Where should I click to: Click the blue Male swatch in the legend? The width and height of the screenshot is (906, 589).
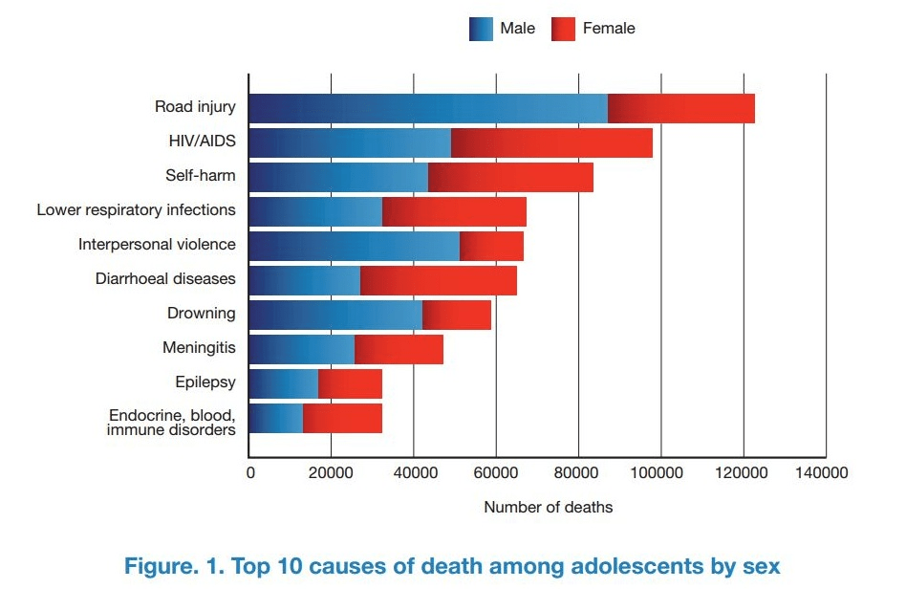coord(481,29)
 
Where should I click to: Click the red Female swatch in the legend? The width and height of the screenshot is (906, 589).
coord(564,29)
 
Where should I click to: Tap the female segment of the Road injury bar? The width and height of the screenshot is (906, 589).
coord(681,108)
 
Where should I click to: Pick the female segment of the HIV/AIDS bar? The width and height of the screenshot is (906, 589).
coord(551,142)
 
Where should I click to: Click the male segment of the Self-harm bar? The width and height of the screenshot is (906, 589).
coord(338,177)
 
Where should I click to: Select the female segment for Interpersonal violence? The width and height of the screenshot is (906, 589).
coord(491,246)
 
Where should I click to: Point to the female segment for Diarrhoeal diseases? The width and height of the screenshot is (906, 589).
coord(439,280)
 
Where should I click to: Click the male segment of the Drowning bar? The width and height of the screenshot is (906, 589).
coord(335,315)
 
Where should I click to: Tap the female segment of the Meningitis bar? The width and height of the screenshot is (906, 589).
coord(399,349)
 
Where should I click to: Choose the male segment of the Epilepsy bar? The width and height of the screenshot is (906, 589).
coord(284,383)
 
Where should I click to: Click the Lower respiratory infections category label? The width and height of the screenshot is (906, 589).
coord(136,209)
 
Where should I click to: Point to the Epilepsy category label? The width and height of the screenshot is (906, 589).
coord(205,382)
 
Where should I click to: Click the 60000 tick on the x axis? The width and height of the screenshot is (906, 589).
coord(496,472)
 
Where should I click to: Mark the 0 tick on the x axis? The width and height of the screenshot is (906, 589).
coord(250,472)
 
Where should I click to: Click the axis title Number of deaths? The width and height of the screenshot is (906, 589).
coord(548,507)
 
